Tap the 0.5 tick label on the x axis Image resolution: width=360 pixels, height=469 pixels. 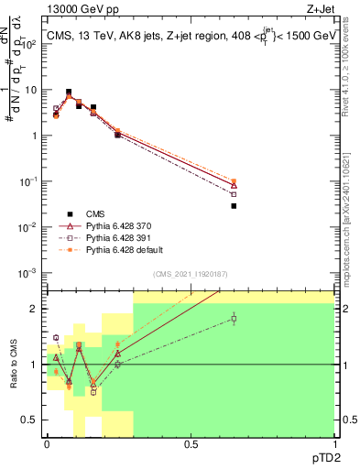tap(191, 444)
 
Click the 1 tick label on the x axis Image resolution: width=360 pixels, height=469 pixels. tap(334, 444)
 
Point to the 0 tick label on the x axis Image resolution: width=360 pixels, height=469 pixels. tap(47, 444)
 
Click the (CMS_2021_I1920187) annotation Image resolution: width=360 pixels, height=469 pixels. tap(191, 274)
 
